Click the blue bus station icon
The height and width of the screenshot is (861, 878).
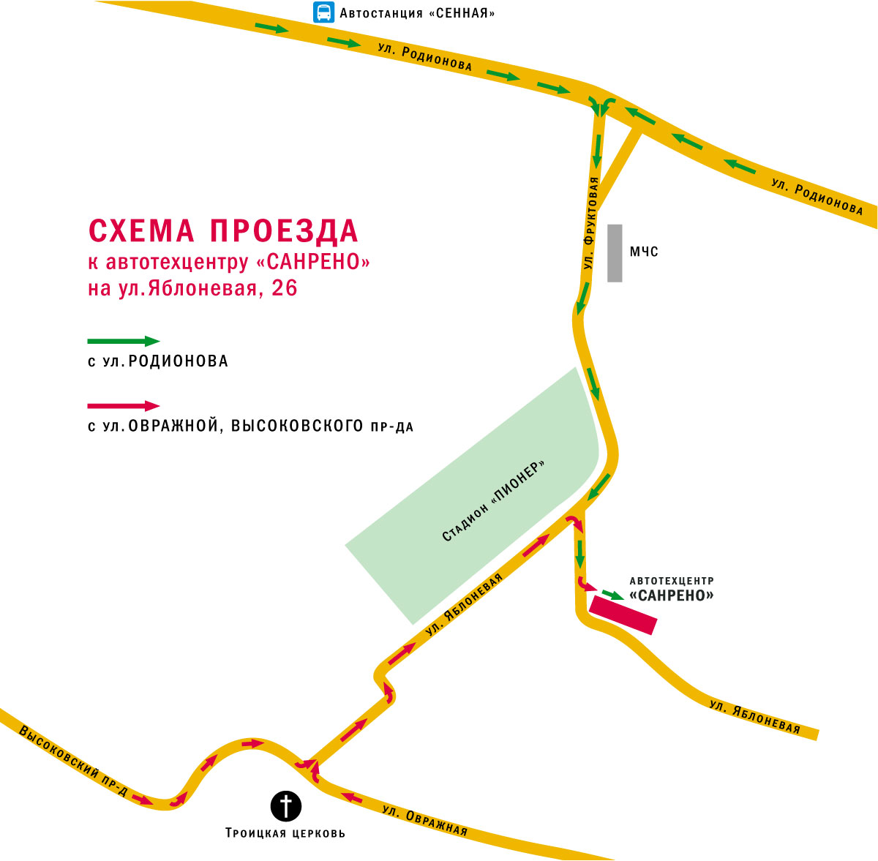tap(323, 12)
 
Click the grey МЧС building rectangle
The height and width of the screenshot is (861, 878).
tap(615, 252)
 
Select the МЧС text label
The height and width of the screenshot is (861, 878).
tap(645, 252)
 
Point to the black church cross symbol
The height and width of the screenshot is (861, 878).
tap(286, 806)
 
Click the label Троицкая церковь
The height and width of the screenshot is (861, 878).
tap(285, 833)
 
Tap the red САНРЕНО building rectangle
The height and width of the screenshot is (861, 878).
tap(624, 614)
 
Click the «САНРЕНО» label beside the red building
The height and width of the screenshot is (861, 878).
tap(671, 595)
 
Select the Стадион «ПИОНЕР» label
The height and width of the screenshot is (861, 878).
tap(495, 502)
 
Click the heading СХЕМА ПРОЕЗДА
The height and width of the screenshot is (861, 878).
tap(223, 230)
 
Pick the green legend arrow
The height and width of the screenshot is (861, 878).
tap(123, 341)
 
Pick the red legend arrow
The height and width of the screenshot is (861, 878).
tap(123, 405)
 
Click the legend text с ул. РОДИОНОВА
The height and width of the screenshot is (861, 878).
tap(157, 361)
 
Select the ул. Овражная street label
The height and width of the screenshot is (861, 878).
tap(425, 820)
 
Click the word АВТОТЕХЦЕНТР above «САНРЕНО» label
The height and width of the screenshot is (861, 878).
tap(671, 580)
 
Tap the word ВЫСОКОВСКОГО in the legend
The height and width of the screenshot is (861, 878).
tap(293, 426)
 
